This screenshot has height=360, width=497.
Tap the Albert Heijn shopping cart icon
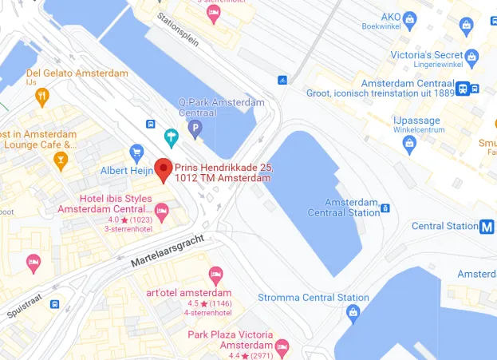pos(136,152)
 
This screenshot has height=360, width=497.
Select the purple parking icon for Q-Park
pos(195,126)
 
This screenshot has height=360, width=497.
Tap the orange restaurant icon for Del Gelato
pos(42,97)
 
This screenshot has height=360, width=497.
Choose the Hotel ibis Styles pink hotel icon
pos(162,212)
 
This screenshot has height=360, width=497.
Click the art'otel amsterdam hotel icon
pos(215,275)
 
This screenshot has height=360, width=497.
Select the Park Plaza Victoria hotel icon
pos(282,347)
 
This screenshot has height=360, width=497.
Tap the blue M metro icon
pos(487,226)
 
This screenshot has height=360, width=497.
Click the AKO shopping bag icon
pos(410,18)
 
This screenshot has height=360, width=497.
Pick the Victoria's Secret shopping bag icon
pos(471,57)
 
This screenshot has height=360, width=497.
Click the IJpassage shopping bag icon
pos(410,144)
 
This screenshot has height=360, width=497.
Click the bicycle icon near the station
pos(282,80)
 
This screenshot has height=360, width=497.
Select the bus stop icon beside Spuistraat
pos(55,304)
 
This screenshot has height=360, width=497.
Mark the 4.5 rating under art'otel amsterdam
pos(193,304)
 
